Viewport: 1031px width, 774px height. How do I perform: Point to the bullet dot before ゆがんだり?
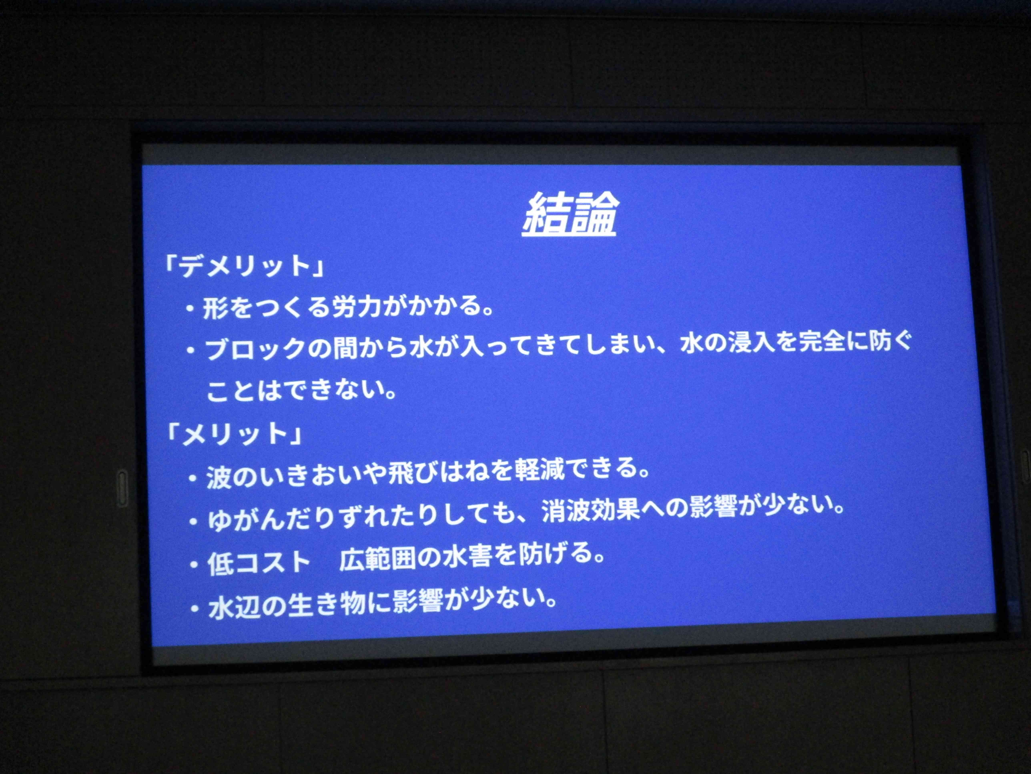coord(194,521)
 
